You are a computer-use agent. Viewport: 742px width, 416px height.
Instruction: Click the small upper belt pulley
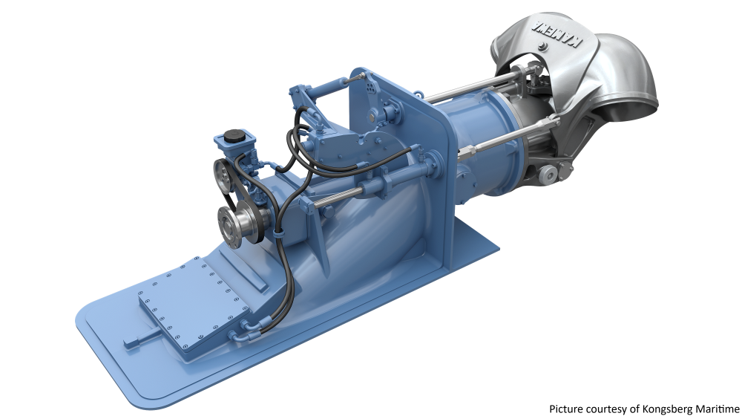pyautogui.click(x=222, y=176)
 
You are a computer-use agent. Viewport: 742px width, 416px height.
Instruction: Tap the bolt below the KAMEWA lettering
pyautogui.click(x=544, y=48)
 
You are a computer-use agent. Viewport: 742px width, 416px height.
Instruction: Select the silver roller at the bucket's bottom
pyautogui.click(x=547, y=174)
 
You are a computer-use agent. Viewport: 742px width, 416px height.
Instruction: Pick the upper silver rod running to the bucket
pyautogui.click(x=460, y=91)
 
